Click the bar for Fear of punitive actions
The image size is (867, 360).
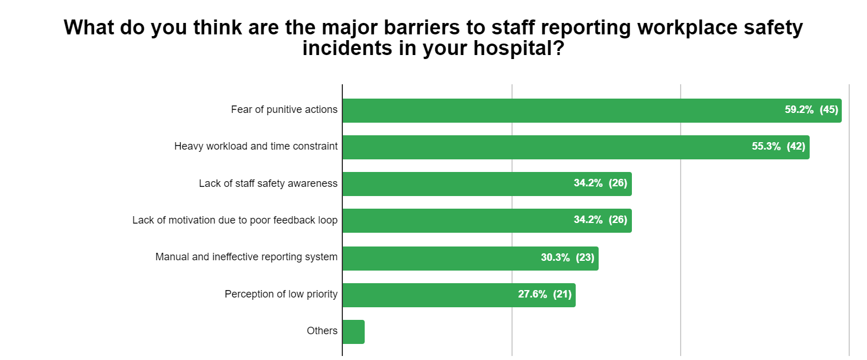click(x=562, y=110)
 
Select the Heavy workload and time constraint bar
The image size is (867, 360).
click(x=545, y=147)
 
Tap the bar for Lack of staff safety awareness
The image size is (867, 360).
click(x=459, y=183)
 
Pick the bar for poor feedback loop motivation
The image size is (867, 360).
click(x=459, y=221)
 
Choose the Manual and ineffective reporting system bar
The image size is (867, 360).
click(x=442, y=258)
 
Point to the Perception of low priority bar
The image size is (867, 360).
click(x=430, y=295)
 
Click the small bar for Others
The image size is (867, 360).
click(x=354, y=331)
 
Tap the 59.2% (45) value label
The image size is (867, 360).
click(x=811, y=110)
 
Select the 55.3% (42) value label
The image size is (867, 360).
click(x=778, y=147)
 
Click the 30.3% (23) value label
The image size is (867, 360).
click(x=567, y=258)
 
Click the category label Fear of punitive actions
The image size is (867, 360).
click(x=284, y=109)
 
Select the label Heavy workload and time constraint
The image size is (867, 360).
click(x=256, y=146)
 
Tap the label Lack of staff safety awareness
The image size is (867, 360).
click(x=268, y=183)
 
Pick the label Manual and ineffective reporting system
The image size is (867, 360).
click(x=246, y=257)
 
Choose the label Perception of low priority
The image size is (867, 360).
click(x=281, y=295)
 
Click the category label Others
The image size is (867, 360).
click(x=322, y=331)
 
